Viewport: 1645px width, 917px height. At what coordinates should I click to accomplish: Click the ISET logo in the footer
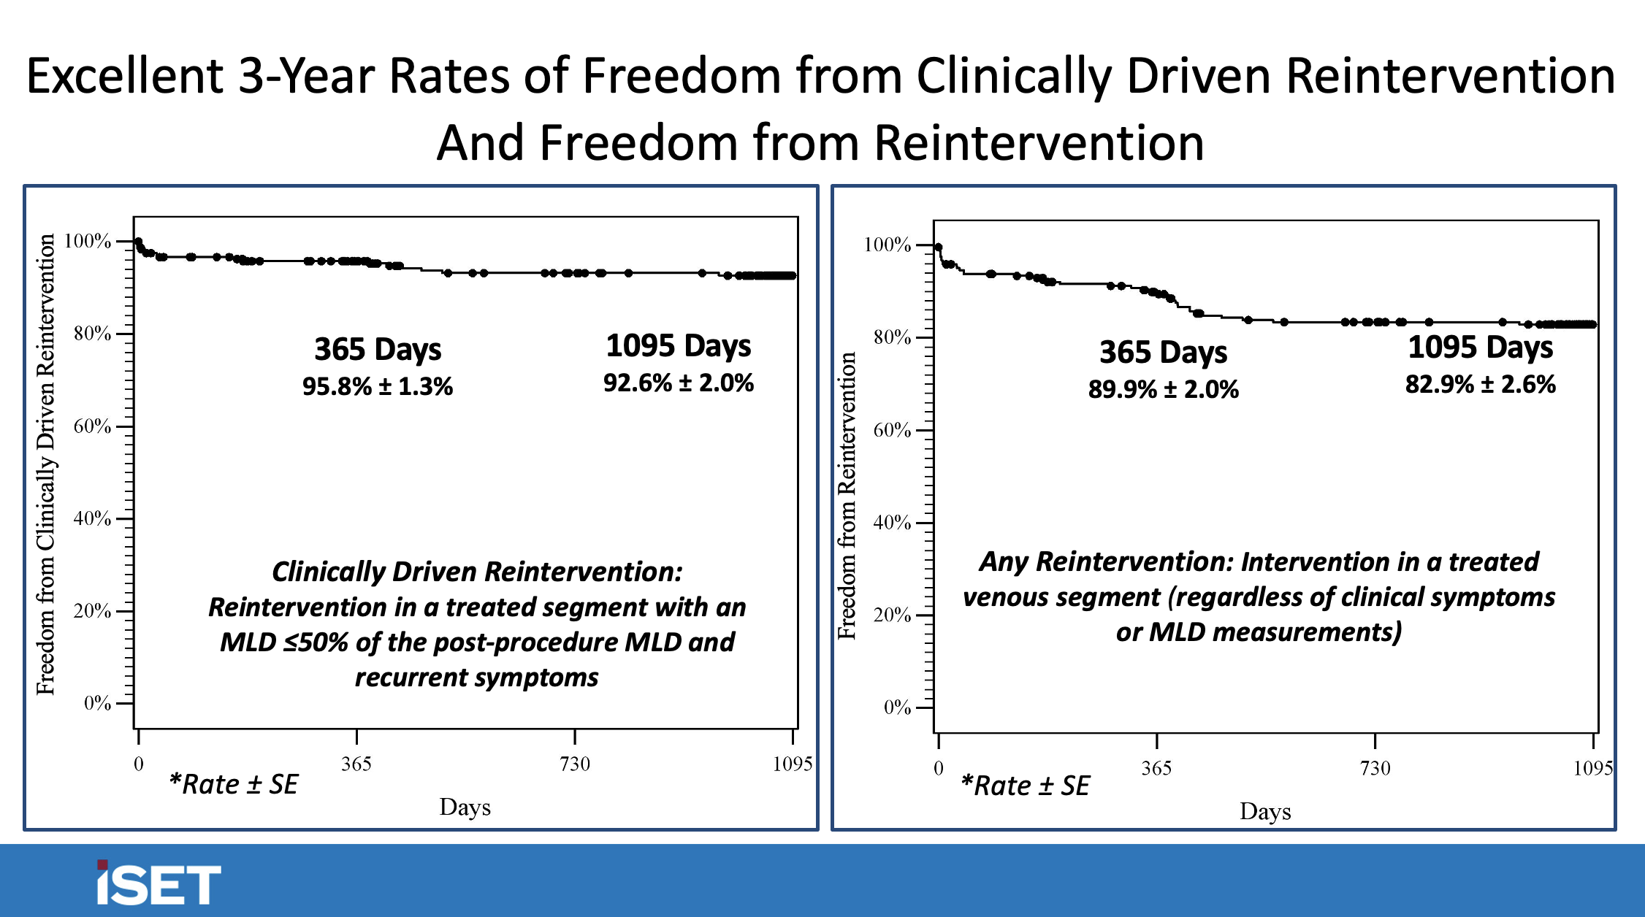coord(158,883)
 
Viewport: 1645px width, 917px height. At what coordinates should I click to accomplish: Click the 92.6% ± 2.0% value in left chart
coord(678,383)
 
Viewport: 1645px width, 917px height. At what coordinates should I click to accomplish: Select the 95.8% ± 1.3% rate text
coord(378,386)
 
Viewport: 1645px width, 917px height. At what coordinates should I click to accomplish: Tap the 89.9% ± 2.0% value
coord(1163,389)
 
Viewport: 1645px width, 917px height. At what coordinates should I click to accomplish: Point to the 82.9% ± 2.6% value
coord(1480,384)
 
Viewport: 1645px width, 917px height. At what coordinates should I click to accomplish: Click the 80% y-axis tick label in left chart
coord(93,334)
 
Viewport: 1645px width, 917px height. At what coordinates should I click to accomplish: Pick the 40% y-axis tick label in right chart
coord(892,523)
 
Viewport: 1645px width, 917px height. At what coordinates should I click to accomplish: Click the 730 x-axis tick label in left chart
coord(574,764)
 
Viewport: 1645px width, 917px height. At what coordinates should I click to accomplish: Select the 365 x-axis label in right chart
coord(1156,768)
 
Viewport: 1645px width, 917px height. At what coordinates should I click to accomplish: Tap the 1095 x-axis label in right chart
coord(1592,768)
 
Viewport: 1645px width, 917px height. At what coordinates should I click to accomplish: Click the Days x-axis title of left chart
coord(465,807)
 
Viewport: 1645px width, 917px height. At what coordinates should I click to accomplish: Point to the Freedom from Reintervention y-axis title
coord(847,496)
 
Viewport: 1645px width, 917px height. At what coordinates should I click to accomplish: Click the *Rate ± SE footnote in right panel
coord(1025,786)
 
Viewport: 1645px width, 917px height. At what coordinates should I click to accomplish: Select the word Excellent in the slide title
coord(125,76)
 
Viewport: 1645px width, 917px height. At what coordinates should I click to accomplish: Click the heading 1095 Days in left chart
coord(678,345)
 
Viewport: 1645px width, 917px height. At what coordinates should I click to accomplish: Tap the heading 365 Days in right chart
coord(1163,352)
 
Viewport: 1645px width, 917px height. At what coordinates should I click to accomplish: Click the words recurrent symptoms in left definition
coord(476,678)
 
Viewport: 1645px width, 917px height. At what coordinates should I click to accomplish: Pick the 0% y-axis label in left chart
coord(97,703)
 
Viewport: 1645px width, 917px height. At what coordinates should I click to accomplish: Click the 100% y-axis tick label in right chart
coord(887,245)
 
